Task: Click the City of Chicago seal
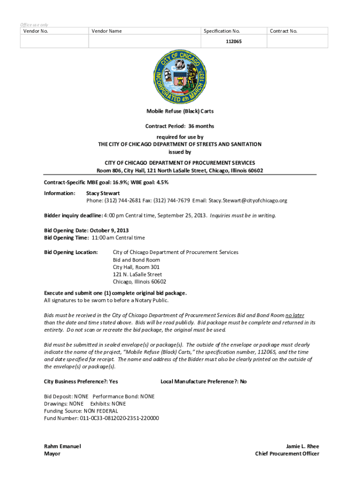click(x=180, y=77)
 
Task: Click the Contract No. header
click(x=283, y=31)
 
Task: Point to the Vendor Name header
click(x=107, y=31)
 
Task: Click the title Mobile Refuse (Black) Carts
click(x=180, y=111)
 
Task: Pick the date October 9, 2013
click(x=110, y=231)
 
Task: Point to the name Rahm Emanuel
click(x=62, y=446)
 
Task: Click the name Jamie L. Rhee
click(x=302, y=446)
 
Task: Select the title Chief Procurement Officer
click(x=287, y=454)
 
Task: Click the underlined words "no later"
click(x=295, y=315)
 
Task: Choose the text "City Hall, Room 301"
click(x=136, y=267)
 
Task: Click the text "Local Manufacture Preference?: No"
click(x=203, y=382)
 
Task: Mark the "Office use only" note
click(x=34, y=25)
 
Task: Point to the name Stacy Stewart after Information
click(x=103, y=193)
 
